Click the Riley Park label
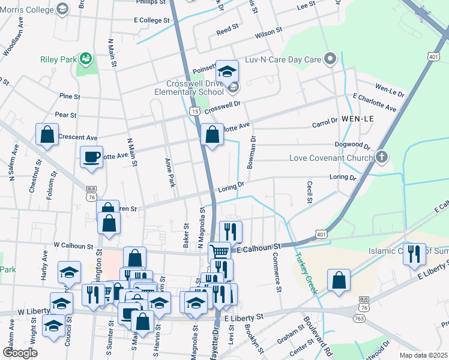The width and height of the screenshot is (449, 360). [58, 59]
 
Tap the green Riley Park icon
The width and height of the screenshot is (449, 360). [86, 58]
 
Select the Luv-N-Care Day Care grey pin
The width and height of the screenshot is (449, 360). [330, 59]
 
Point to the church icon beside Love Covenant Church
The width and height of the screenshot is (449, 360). [381, 158]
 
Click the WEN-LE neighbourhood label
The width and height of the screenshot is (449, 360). [358, 119]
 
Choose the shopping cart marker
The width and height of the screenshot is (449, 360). [220, 253]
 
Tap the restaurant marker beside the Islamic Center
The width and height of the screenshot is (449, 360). [414, 254]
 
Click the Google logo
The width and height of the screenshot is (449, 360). [19, 353]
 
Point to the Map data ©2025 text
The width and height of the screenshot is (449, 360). [423, 355]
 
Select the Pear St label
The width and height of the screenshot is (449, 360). [65, 115]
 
